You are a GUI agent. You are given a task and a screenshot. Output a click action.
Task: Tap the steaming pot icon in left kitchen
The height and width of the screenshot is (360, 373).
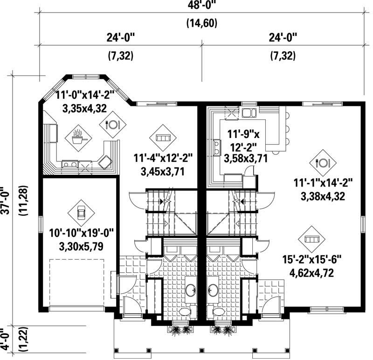pyautogui.click(x=77, y=137)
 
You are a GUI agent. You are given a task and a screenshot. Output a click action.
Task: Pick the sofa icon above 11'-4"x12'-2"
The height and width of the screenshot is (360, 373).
pyautogui.click(x=163, y=138)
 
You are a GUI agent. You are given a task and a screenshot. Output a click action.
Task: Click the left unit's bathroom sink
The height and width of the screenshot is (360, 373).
pyautogui.click(x=191, y=290)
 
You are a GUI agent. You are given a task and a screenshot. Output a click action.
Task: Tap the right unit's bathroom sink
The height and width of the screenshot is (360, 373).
pyautogui.click(x=213, y=290)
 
